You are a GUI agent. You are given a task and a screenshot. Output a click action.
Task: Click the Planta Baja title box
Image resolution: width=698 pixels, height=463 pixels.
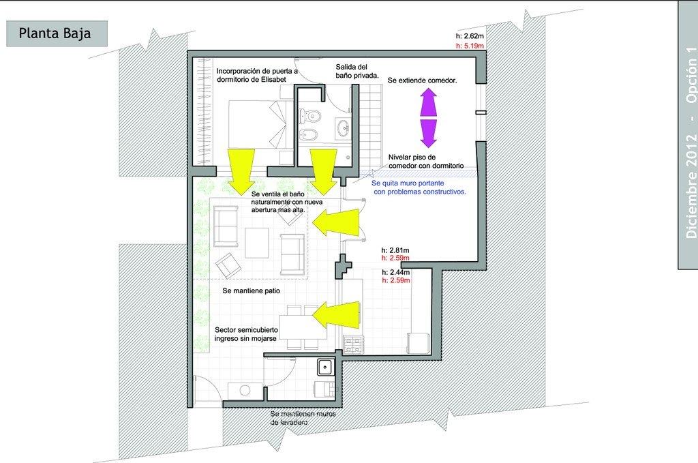[57, 33]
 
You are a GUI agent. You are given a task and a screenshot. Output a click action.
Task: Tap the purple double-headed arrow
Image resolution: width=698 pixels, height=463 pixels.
[428, 117]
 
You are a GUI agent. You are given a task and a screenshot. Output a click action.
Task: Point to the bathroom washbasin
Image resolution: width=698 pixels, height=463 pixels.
[343, 128]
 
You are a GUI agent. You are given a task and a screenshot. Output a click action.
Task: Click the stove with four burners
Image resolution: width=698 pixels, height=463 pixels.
[352, 345]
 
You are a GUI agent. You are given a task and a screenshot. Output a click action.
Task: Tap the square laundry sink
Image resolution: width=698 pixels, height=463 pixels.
[325, 368]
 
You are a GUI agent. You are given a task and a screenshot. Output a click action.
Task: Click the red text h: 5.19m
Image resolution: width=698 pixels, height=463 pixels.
[470, 46]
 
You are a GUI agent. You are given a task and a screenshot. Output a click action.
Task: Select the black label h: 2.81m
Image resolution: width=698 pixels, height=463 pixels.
[395, 251]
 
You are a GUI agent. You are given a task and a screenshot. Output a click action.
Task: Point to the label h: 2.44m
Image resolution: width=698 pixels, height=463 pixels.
[396, 273]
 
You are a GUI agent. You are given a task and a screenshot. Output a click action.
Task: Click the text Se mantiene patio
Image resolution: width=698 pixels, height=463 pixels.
[251, 290]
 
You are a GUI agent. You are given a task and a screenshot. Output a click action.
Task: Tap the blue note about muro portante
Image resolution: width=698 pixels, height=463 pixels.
[419, 188]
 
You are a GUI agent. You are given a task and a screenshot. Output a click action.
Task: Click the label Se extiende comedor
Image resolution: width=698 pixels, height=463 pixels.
[422, 80]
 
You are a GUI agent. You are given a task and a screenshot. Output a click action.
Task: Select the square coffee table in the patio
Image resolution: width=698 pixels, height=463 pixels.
[256, 243]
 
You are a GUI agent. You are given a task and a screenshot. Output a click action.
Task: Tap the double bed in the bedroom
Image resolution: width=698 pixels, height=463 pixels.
[261, 124]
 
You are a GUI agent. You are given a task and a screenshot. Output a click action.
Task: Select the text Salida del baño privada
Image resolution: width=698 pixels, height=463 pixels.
[357, 71]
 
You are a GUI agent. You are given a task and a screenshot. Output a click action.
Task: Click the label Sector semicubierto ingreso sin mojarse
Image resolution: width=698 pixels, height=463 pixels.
[246, 334]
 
